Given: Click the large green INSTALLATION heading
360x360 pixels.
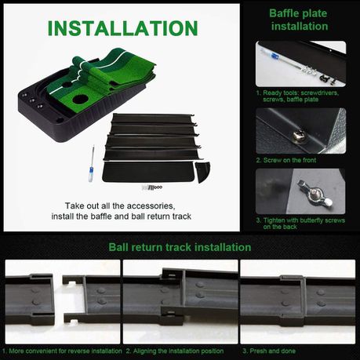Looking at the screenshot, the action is (x=122, y=28).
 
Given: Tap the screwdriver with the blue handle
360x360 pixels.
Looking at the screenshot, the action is (x=92, y=164).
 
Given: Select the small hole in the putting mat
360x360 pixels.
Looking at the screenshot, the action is (x=67, y=85).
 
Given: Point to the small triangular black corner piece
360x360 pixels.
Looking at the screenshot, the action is (x=202, y=172).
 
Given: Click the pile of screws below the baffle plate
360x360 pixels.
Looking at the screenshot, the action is (x=152, y=187).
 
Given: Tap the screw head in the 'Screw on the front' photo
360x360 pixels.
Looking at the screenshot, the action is (x=298, y=136).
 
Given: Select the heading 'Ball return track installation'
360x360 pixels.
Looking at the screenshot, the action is (x=180, y=247).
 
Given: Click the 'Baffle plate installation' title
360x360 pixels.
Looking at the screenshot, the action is (x=299, y=20).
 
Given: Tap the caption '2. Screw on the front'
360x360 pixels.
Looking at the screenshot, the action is (x=285, y=160).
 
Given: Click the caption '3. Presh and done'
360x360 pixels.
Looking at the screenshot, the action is (x=269, y=351).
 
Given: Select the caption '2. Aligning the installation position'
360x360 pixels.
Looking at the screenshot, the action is (x=175, y=351).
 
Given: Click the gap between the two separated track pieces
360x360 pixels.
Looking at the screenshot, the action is (x=59, y=296).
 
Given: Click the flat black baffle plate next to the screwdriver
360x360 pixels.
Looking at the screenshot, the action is (x=148, y=172).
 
